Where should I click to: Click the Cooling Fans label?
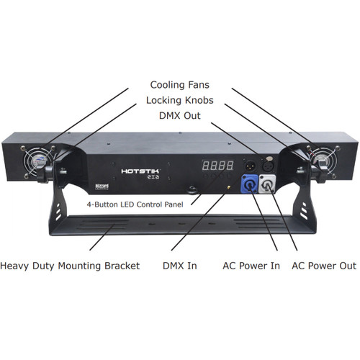click(180, 85)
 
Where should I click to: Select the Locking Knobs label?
click(180, 100)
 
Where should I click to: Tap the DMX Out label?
click(180, 116)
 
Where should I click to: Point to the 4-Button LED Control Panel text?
click(135, 204)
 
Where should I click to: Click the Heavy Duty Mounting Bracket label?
click(70, 266)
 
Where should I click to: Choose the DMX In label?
click(180, 266)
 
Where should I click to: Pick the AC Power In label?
click(251, 266)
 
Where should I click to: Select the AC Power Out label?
click(324, 266)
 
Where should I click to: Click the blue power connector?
click(249, 184)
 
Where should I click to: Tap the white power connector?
click(267, 184)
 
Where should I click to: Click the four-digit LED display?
click(217, 166)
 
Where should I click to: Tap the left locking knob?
click(45, 174)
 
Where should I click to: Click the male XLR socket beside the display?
click(251, 166)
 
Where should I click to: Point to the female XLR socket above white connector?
click(269, 165)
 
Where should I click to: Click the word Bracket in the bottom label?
click(122, 266)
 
